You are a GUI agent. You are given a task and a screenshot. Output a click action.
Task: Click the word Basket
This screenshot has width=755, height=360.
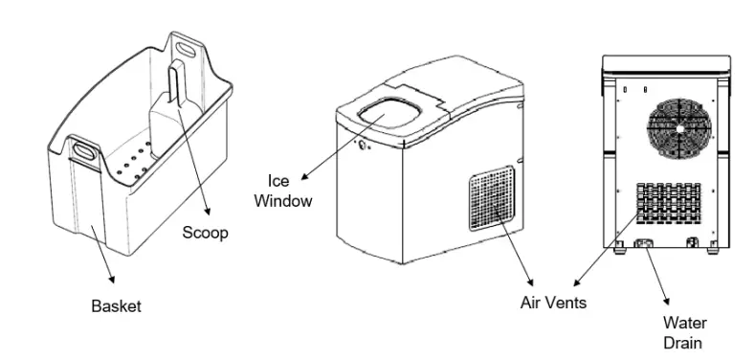[116, 306]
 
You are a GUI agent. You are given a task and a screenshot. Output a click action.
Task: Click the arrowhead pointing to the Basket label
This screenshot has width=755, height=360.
[114, 280]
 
